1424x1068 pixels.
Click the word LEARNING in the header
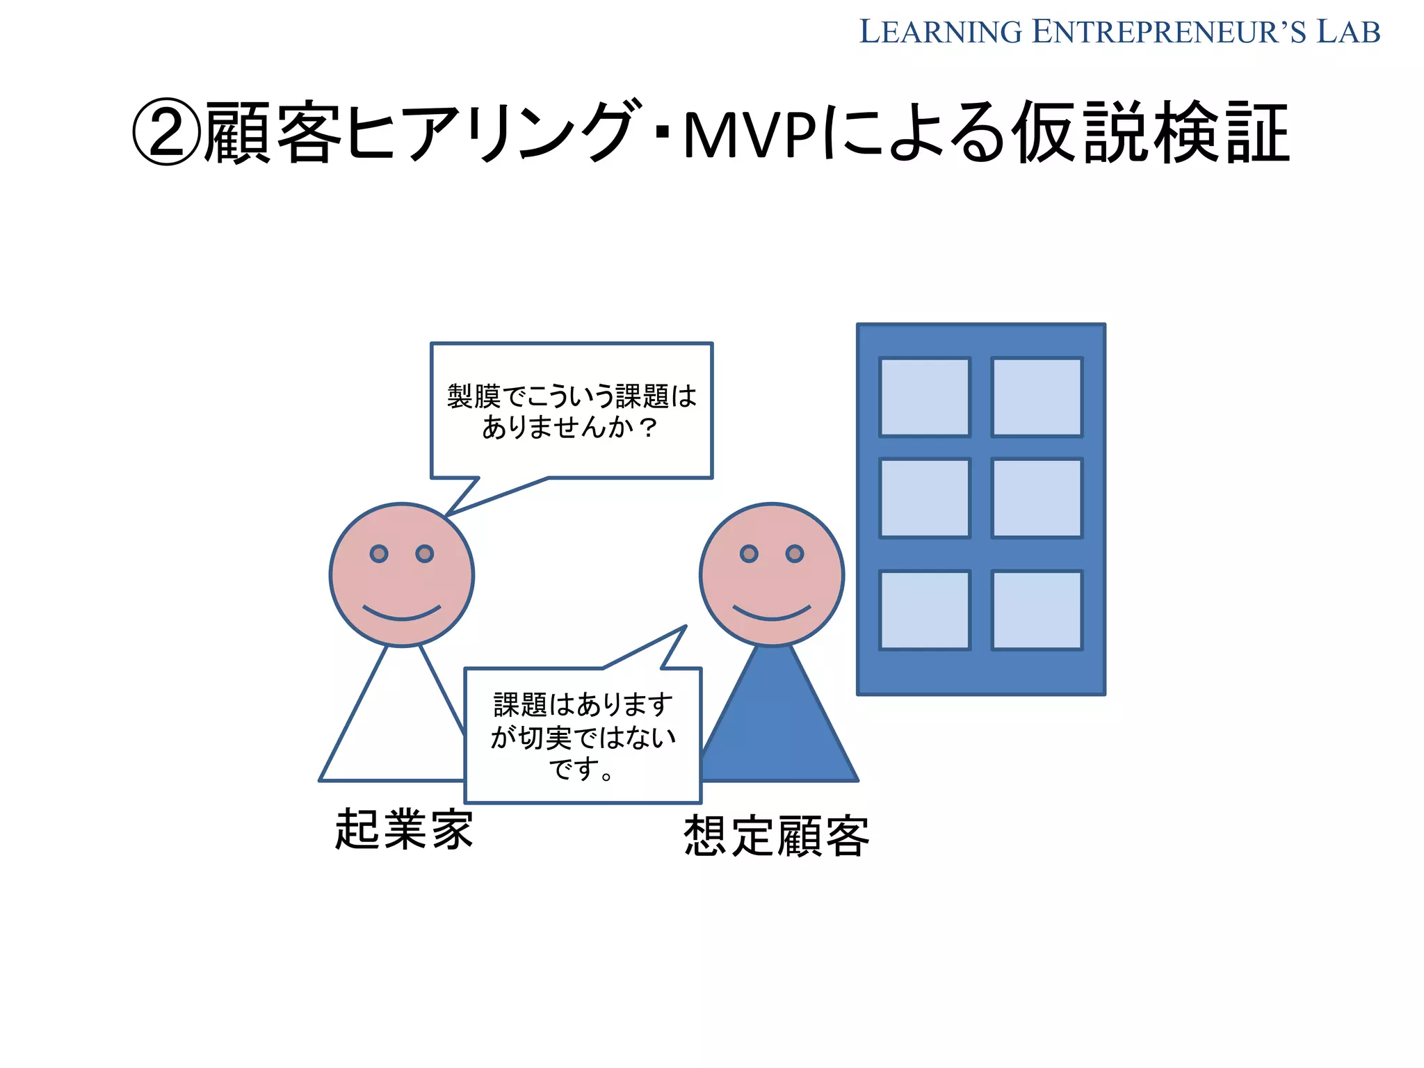click(x=941, y=33)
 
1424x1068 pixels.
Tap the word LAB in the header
click(x=1349, y=33)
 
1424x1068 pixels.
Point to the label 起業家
click(x=404, y=830)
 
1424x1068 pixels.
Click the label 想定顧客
click(x=777, y=836)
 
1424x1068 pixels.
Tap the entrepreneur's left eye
click(x=379, y=553)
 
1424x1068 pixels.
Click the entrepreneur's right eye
click(x=425, y=553)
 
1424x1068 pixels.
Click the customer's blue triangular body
click(x=779, y=730)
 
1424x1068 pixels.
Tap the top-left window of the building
click(x=925, y=397)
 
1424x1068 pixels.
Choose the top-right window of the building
click(x=1037, y=397)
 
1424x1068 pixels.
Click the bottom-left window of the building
click(x=925, y=610)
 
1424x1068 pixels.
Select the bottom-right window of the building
click(x=1037, y=610)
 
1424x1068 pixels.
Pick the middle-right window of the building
click(x=1037, y=498)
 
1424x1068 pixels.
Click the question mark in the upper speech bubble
click(x=648, y=427)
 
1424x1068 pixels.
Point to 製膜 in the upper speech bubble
click(x=474, y=396)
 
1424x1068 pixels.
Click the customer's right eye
click(x=795, y=553)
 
